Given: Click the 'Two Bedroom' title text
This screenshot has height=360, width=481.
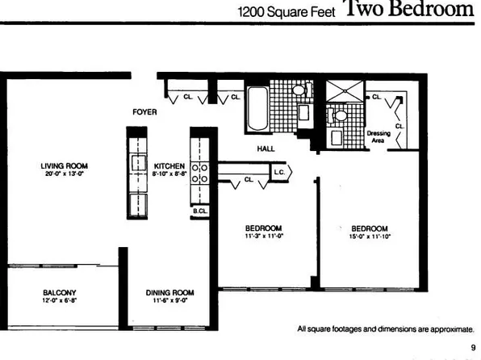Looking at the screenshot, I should tap(408, 10).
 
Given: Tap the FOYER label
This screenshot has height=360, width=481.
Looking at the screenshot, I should tap(144, 112).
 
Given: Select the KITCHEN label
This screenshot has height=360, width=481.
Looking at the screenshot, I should tap(169, 165).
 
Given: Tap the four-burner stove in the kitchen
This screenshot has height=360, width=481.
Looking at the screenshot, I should tap(199, 173).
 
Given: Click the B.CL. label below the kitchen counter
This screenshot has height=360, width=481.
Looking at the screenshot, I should tap(199, 211).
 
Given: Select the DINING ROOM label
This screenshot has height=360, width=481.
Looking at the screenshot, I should tap(168, 293).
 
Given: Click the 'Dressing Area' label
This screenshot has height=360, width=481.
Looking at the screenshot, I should tap(379, 136).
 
